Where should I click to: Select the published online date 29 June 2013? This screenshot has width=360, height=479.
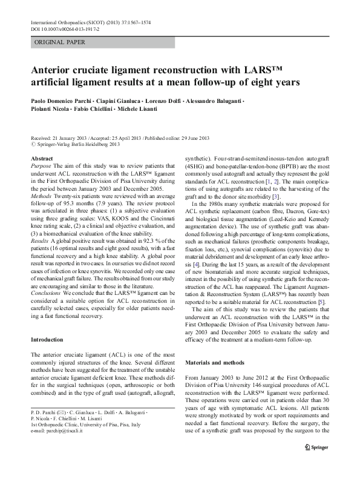pyautogui.click(x=190, y=138)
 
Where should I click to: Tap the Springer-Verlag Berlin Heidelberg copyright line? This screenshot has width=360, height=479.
pyautogui.click(x=75, y=145)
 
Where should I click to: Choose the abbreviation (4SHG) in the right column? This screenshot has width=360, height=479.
pyautogui.click(x=197, y=165)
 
